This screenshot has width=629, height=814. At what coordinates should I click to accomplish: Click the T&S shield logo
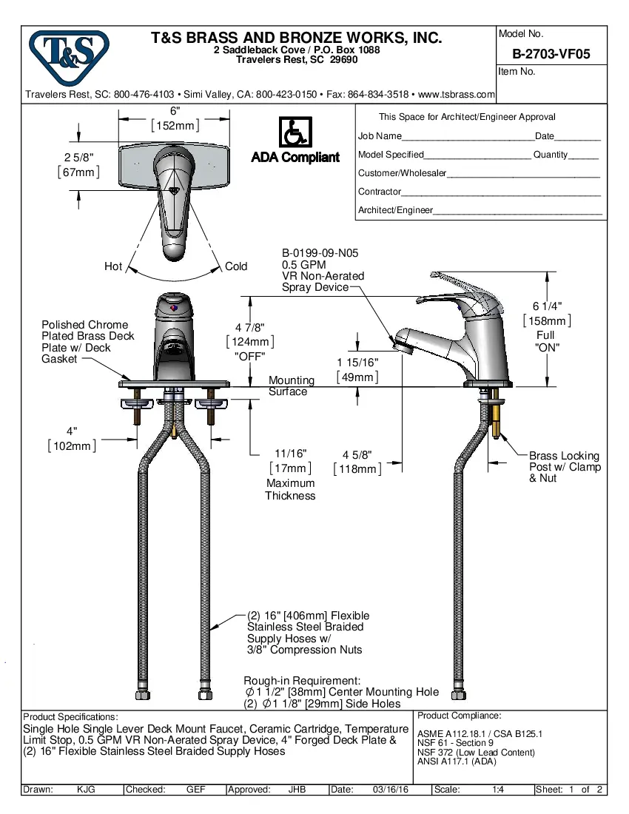68,58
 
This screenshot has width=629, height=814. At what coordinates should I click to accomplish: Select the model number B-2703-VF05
551,54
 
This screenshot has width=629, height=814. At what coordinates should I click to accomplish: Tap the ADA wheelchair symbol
295,132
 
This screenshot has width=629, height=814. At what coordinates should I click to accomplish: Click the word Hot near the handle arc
113,266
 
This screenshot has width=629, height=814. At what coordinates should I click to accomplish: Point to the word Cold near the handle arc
236,266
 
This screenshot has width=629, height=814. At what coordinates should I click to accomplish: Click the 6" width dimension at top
175,110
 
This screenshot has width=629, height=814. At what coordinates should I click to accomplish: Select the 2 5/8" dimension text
78,158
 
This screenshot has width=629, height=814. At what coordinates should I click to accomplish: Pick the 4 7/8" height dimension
250,327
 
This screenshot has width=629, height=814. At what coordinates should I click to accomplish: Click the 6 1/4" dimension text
546,306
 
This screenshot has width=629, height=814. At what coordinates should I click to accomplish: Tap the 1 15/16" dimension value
357,363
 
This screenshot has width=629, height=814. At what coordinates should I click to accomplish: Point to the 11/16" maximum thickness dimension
290,454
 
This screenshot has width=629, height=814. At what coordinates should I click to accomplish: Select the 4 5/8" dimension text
357,455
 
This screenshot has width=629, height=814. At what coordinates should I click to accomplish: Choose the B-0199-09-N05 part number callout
320,253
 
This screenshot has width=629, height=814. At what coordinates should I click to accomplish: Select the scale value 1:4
498,790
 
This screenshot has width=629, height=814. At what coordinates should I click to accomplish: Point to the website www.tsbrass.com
456,95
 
